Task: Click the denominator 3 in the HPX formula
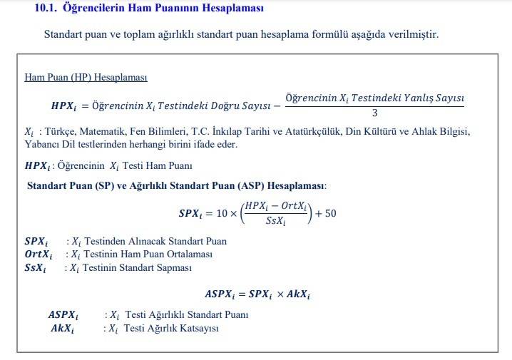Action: coord(374,113)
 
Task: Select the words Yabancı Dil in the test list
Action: coord(46,144)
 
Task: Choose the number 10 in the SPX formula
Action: coord(221,213)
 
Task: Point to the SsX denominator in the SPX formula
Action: coord(275,221)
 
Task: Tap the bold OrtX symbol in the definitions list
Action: coord(38,254)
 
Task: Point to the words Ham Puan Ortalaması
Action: coord(170,254)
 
